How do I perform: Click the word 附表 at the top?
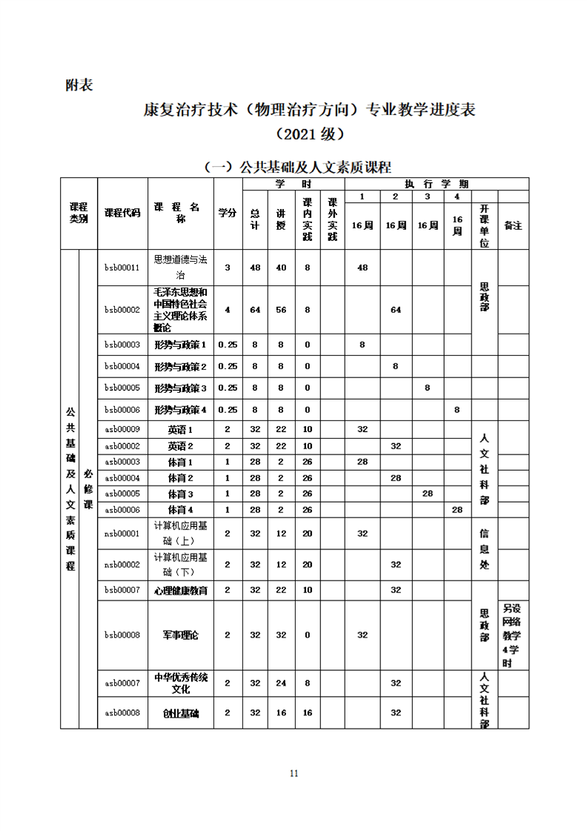click(79, 85)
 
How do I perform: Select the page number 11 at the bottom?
click(293, 773)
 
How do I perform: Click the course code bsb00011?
click(122, 267)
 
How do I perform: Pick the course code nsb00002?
click(122, 565)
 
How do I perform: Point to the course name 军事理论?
click(181, 635)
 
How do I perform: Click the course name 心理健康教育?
click(181, 591)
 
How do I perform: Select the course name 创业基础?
click(181, 712)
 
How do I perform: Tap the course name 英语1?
click(181, 429)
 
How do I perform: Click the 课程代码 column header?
click(122, 213)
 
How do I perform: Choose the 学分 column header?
click(228, 213)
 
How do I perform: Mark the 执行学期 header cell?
click(437, 184)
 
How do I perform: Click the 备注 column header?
click(513, 225)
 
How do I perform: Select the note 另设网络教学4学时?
click(513, 635)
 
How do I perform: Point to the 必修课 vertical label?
click(88, 489)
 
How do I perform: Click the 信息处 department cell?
click(485, 549)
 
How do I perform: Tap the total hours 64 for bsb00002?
click(255, 310)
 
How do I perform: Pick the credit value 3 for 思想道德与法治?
click(228, 267)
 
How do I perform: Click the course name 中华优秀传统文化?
click(181, 683)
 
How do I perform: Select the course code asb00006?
click(122, 510)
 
